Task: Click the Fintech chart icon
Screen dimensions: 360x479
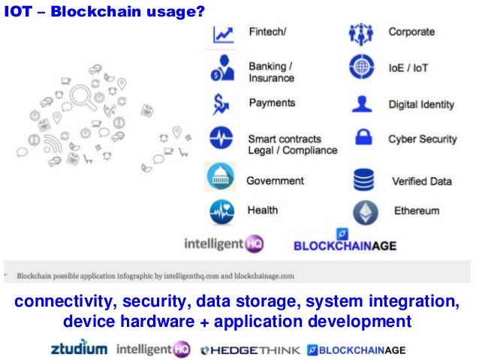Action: click(223, 35)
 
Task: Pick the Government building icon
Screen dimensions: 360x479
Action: click(221, 180)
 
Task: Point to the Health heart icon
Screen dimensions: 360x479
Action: click(221, 212)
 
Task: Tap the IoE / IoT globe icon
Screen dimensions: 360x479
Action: click(363, 68)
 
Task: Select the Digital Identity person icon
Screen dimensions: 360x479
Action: click(363, 103)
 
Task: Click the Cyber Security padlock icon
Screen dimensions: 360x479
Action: click(363, 140)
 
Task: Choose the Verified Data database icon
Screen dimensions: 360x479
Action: click(363, 180)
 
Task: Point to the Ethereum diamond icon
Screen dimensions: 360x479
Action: click(364, 211)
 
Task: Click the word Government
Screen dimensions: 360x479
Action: click(275, 181)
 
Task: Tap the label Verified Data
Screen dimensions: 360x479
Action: click(422, 181)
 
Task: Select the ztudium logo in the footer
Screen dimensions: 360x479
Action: click(79, 349)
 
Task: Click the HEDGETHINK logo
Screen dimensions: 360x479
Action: click(251, 349)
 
